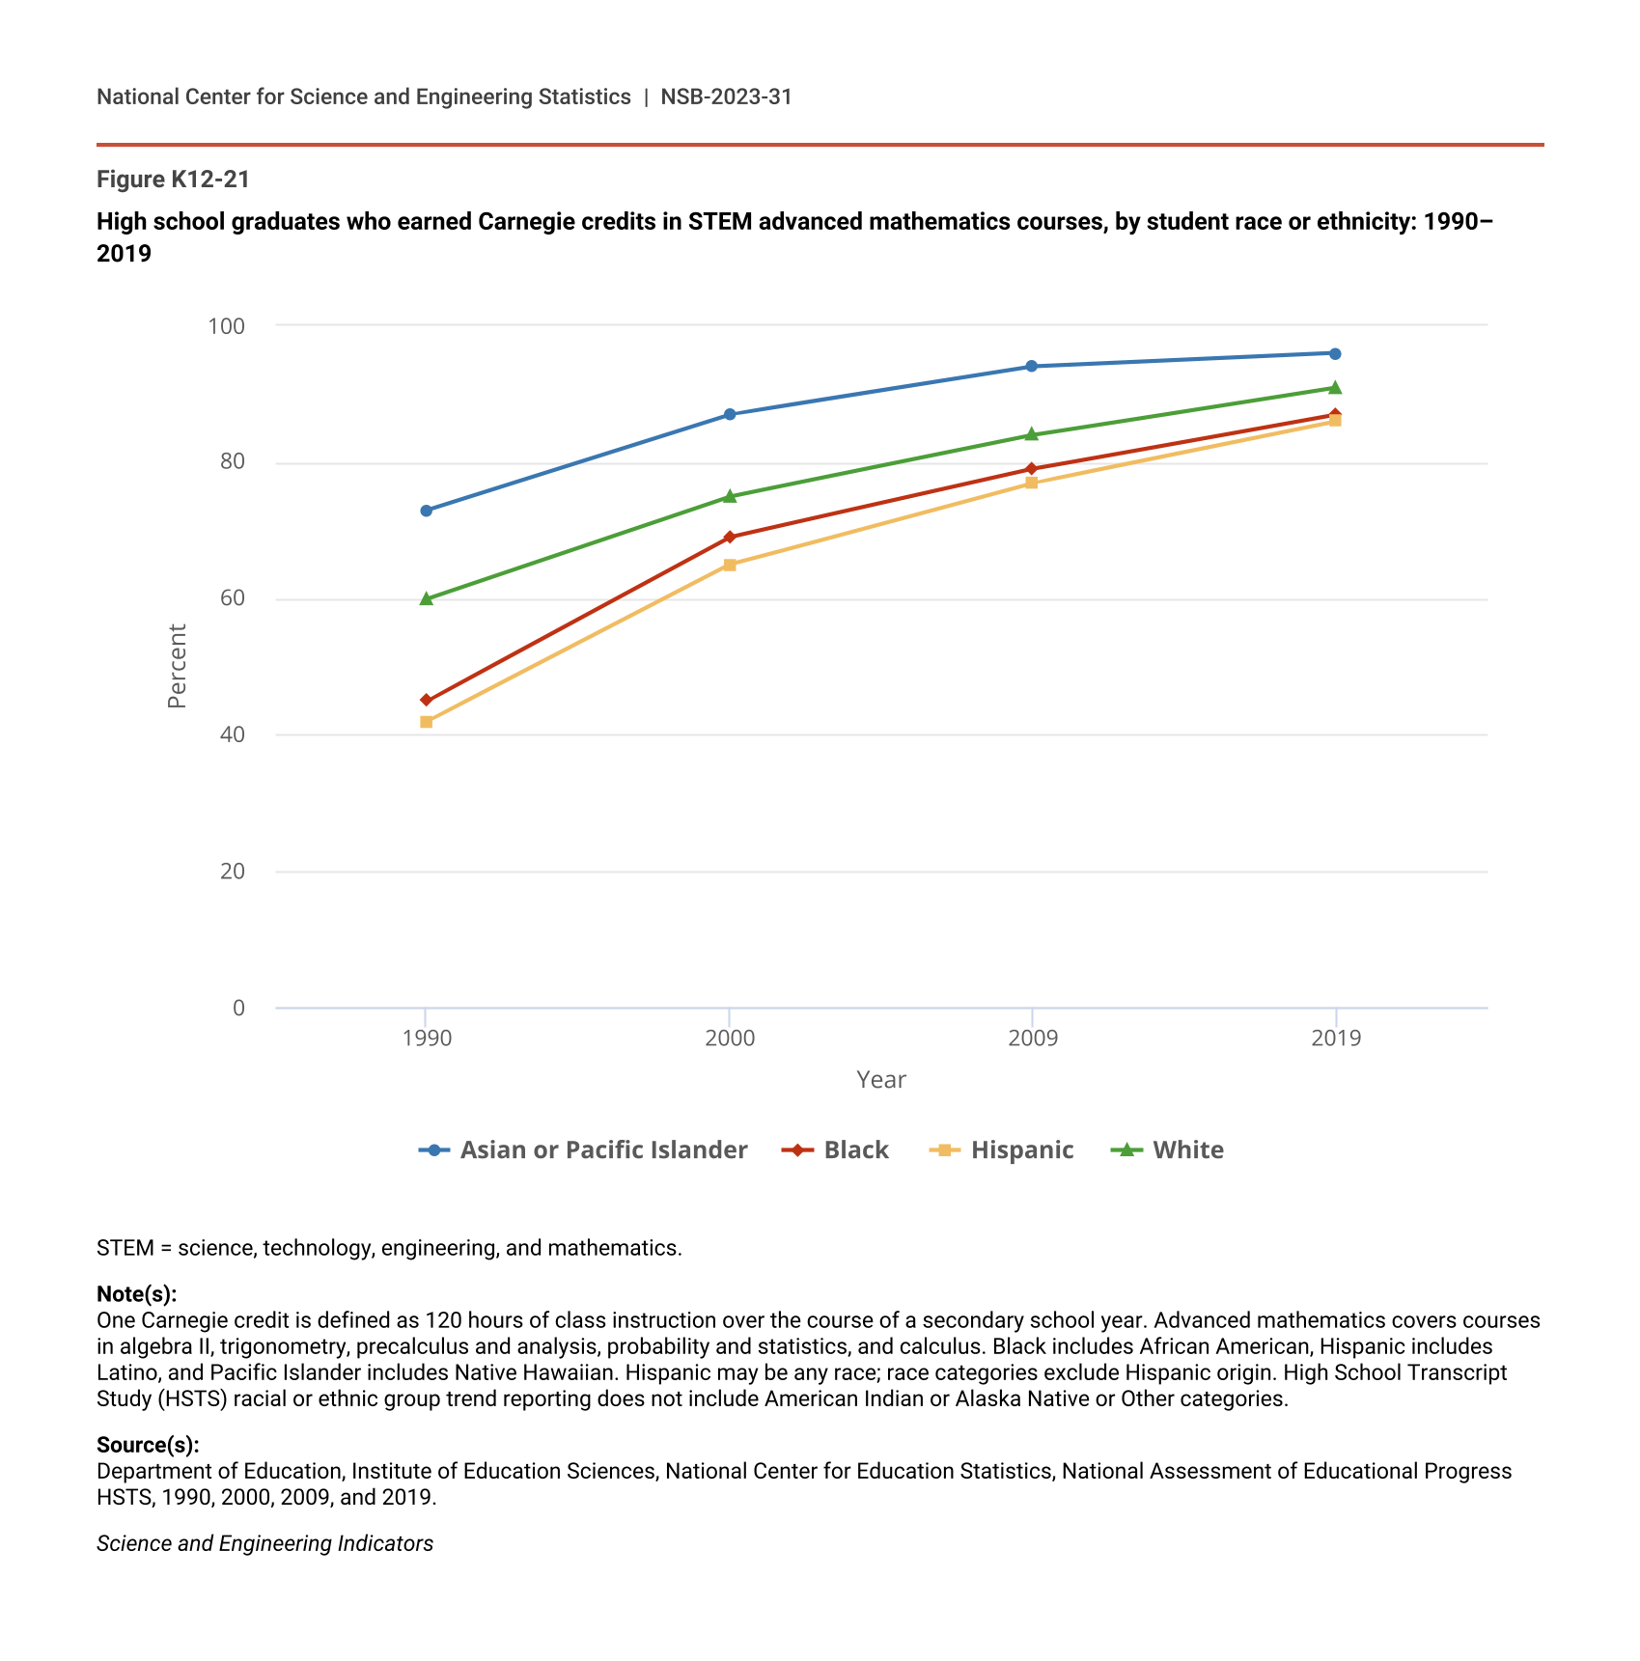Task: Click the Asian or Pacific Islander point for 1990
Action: tap(427, 511)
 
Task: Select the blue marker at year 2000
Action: tap(730, 414)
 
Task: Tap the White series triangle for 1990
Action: tap(427, 598)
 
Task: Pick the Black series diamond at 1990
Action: tap(427, 700)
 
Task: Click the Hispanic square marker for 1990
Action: tap(427, 722)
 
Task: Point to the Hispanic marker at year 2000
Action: tap(730, 565)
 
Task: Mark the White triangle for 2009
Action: tap(1032, 434)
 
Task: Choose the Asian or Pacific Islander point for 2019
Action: tap(1335, 353)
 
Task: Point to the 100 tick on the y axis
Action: tap(227, 326)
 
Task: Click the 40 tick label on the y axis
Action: tap(233, 734)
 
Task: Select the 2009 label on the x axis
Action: tap(1032, 1038)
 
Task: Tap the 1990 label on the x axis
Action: tap(427, 1038)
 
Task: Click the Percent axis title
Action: tap(177, 666)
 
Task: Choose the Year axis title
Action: tap(881, 1080)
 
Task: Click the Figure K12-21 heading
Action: tap(174, 180)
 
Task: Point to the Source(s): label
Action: tap(148, 1445)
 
